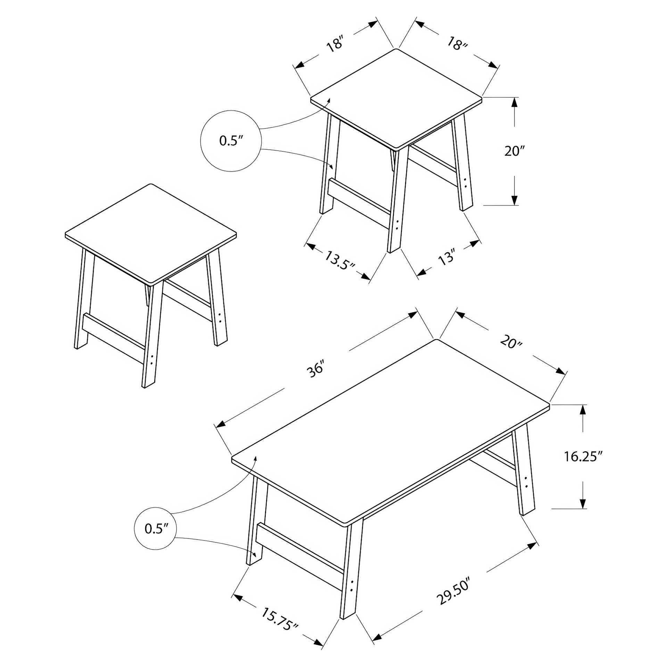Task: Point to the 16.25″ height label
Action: click(583, 456)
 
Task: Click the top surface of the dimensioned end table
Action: click(396, 98)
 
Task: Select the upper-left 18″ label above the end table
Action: click(335, 45)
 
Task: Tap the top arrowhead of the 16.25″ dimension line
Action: click(583, 411)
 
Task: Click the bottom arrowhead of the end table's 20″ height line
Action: click(514, 199)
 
